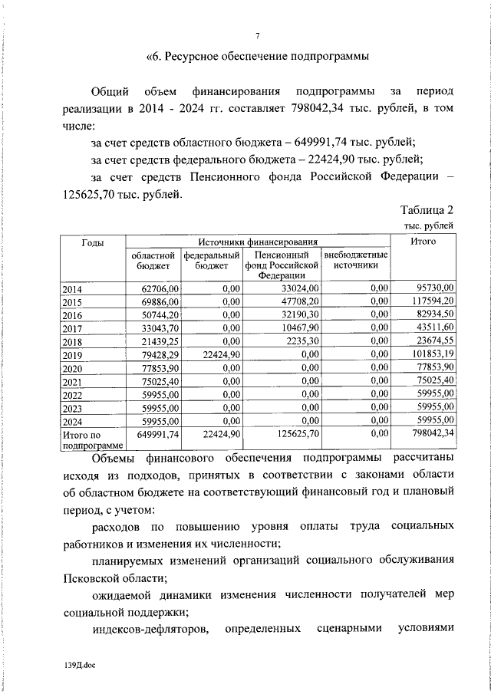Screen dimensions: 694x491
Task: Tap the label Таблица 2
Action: pos(427,211)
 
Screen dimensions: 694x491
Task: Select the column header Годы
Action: pos(93,242)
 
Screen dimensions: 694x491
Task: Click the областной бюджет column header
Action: pos(153,260)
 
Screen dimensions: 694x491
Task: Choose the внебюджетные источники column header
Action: pos(355,260)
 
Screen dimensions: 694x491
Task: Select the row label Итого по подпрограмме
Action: pos(92,439)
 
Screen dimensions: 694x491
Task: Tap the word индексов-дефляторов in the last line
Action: pos(142,630)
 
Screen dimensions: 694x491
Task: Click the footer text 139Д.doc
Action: pos(77,666)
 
